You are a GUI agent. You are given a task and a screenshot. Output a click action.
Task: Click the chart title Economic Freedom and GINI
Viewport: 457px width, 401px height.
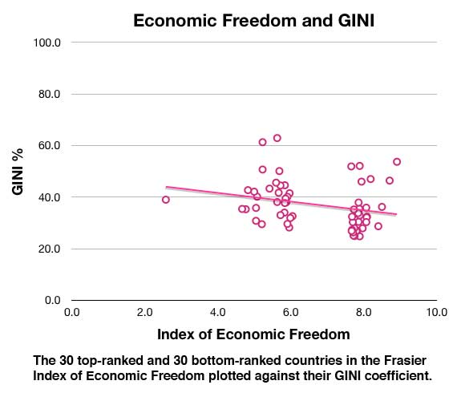tap(254, 22)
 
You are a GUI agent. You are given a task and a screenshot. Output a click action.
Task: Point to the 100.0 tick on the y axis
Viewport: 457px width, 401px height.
tap(47, 43)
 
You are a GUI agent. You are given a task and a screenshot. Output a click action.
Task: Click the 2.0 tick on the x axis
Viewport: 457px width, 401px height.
tap(144, 311)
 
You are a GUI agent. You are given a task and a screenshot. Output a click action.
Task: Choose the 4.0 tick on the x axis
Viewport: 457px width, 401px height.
tap(217, 311)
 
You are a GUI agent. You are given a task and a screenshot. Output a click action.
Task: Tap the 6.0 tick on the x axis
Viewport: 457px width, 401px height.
tap(290, 311)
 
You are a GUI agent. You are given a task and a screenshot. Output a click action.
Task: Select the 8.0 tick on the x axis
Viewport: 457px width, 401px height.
tap(363, 311)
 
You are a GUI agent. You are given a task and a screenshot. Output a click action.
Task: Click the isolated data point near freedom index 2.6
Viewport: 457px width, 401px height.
tap(166, 200)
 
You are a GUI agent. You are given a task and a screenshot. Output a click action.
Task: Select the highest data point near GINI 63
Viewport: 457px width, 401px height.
tap(277, 138)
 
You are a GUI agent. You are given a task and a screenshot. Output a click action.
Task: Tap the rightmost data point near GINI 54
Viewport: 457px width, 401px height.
tap(396, 162)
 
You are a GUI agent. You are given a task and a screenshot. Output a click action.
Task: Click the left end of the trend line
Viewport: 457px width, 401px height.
tap(166, 187)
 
